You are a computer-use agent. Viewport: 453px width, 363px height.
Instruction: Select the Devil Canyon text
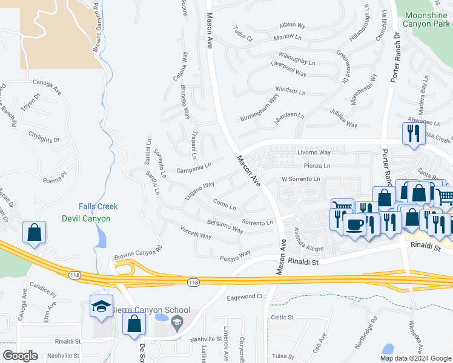tap(87, 218)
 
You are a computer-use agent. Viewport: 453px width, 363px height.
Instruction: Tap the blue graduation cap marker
tap(101, 307)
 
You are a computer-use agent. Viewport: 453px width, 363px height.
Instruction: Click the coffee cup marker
tap(354, 225)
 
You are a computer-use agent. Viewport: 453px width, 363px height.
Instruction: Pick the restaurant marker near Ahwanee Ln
tap(413, 134)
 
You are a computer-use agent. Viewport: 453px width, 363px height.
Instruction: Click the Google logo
tap(20, 356)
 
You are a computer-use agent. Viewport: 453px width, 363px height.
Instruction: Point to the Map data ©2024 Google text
tap(415, 358)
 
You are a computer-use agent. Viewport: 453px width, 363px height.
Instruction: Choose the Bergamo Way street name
tap(225, 227)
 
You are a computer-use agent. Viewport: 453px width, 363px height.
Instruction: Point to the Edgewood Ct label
tap(244, 296)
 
